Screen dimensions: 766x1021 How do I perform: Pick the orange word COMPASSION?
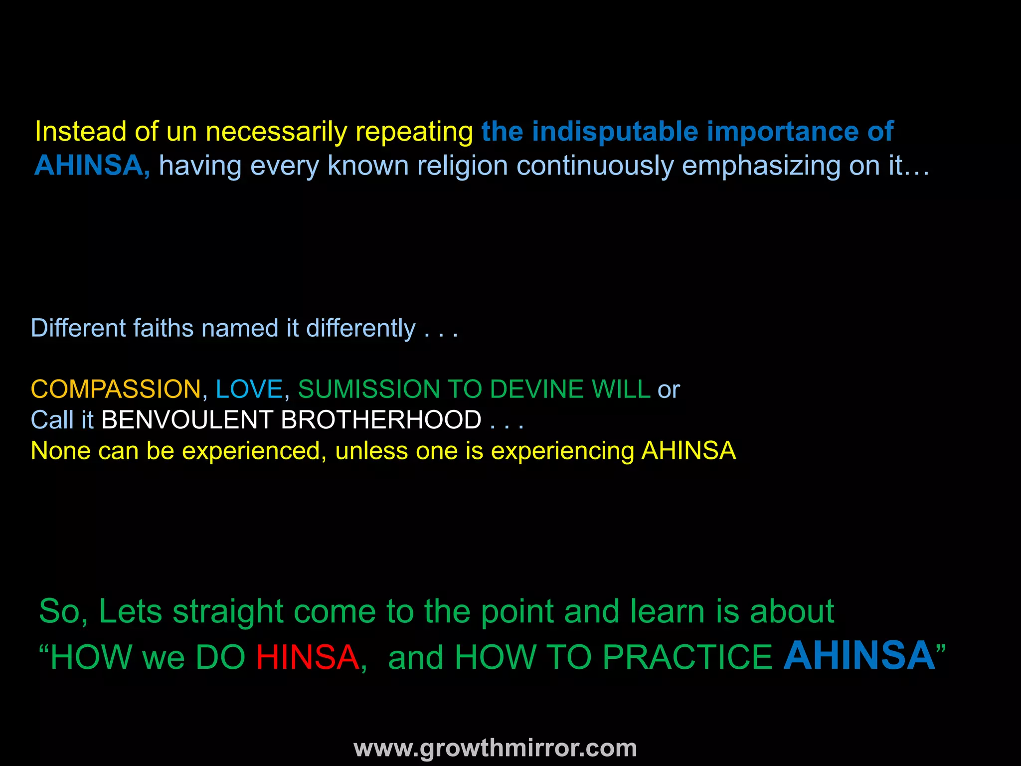coord(116,389)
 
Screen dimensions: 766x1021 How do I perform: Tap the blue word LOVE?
coord(249,389)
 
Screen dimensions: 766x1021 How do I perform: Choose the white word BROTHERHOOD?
coord(381,420)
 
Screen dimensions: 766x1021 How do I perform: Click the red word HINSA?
coord(307,657)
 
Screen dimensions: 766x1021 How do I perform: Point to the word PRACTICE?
coord(687,657)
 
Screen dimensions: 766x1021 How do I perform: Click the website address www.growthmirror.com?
coord(495,748)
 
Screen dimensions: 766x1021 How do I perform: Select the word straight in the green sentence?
coord(228,611)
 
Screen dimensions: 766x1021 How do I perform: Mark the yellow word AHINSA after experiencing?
coord(688,451)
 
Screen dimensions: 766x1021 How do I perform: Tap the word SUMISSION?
coord(368,389)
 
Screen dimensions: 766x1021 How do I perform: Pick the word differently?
coord(360,329)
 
